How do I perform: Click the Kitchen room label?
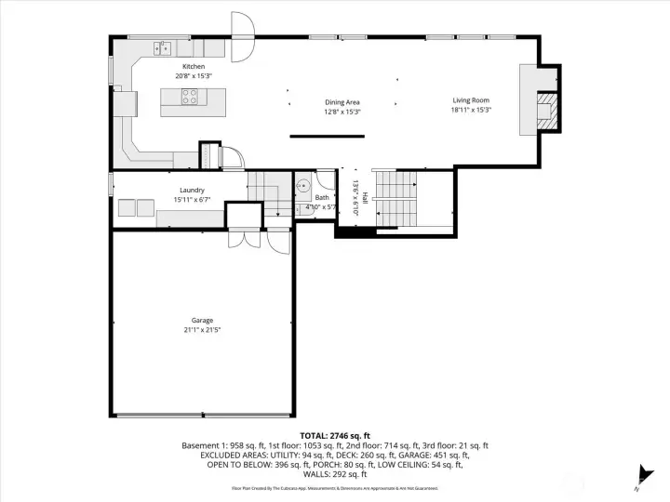coord(193,66)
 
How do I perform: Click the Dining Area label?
coord(342,101)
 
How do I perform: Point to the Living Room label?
coord(471,100)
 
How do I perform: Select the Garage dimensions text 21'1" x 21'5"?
coord(202,330)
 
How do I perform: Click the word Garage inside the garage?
coord(202,321)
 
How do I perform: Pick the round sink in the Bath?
coord(302,185)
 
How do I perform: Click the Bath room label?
coord(322,197)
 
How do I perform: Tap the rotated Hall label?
coord(365,197)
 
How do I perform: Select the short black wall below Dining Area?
coord(326,137)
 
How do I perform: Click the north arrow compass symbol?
coord(640,473)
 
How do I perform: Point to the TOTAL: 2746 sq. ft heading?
coord(334,435)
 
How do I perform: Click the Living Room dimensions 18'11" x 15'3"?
coord(471,111)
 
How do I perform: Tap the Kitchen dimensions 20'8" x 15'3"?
coord(193,75)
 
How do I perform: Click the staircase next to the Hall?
coord(397,197)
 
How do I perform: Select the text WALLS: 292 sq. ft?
coord(335,473)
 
